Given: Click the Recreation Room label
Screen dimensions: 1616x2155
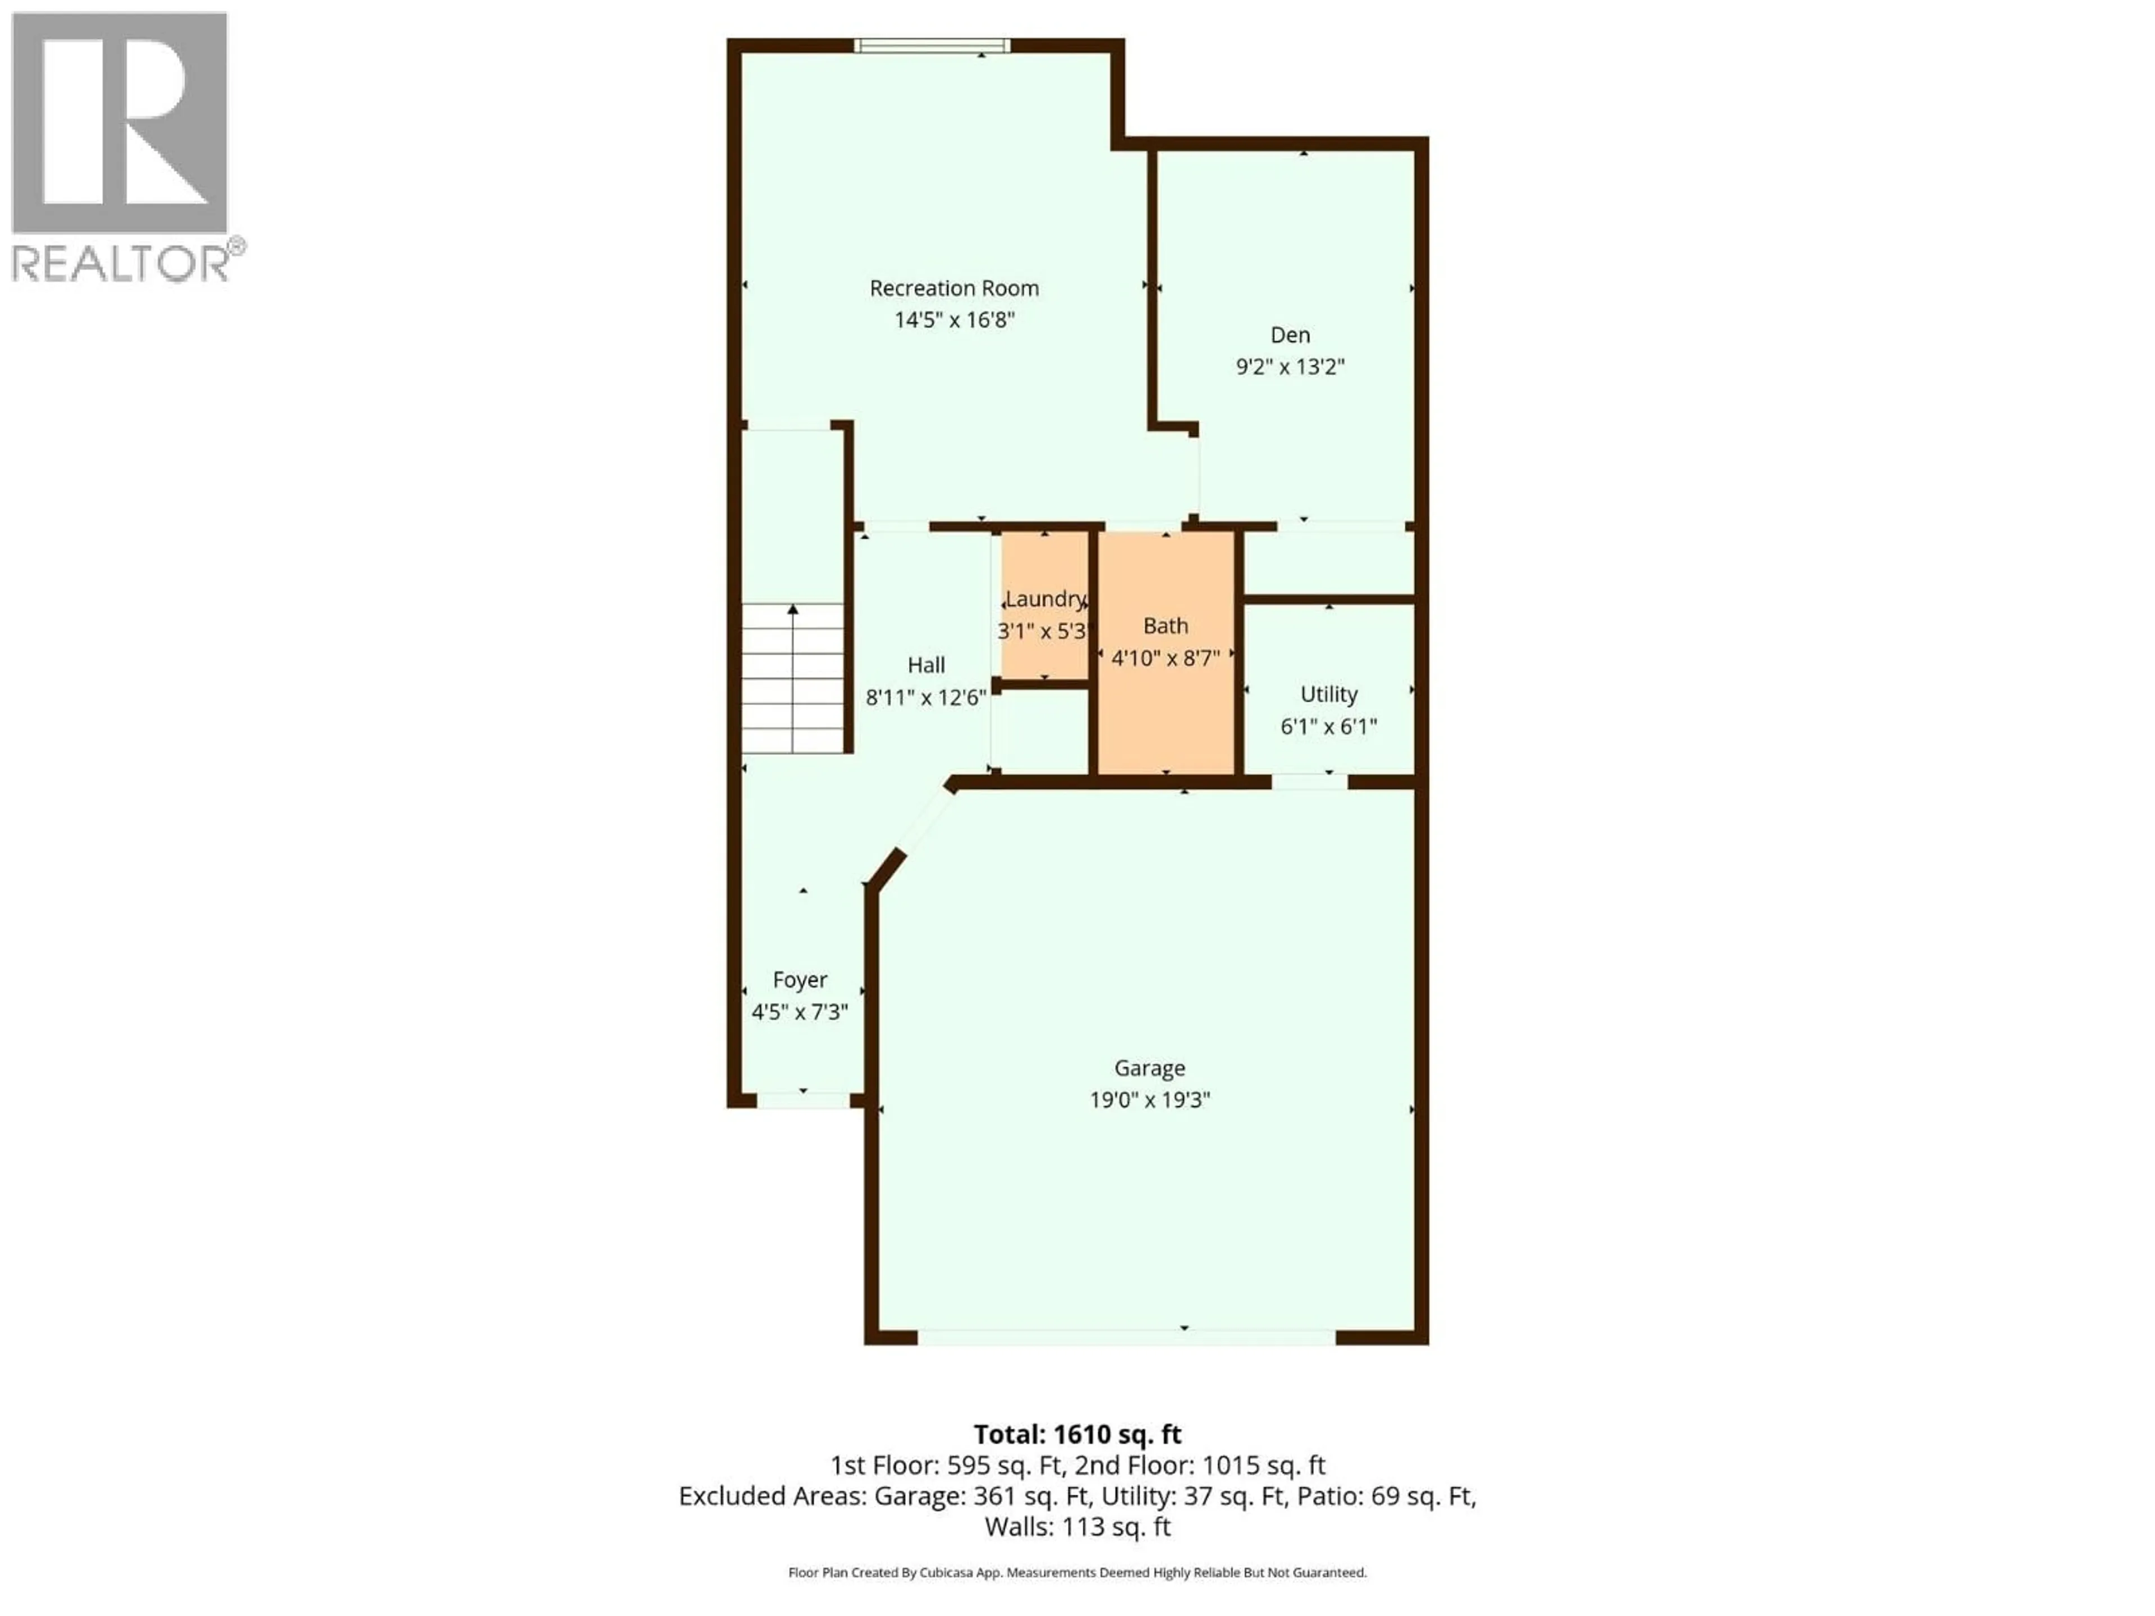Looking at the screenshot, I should tap(954, 288).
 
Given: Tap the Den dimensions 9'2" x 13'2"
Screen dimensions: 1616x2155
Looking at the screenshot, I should tap(1290, 367).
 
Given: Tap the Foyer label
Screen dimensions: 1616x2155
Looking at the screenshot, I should tap(800, 980).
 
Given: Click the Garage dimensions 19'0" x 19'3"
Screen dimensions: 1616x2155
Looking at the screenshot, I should tap(1149, 1100).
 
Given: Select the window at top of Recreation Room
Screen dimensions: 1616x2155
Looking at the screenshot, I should tap(932, 45).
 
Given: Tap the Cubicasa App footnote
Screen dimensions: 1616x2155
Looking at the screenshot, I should tap(1077, 1572).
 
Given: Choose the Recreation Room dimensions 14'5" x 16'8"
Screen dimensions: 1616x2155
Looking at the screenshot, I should tap(955, 319).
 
